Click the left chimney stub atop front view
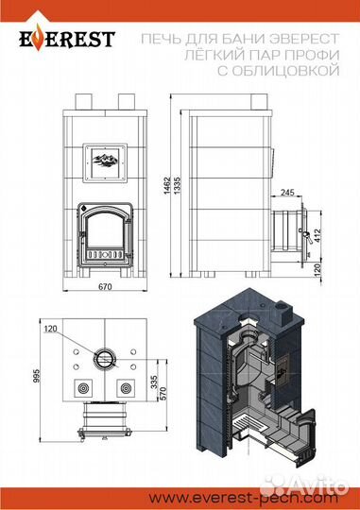coord(82,101)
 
